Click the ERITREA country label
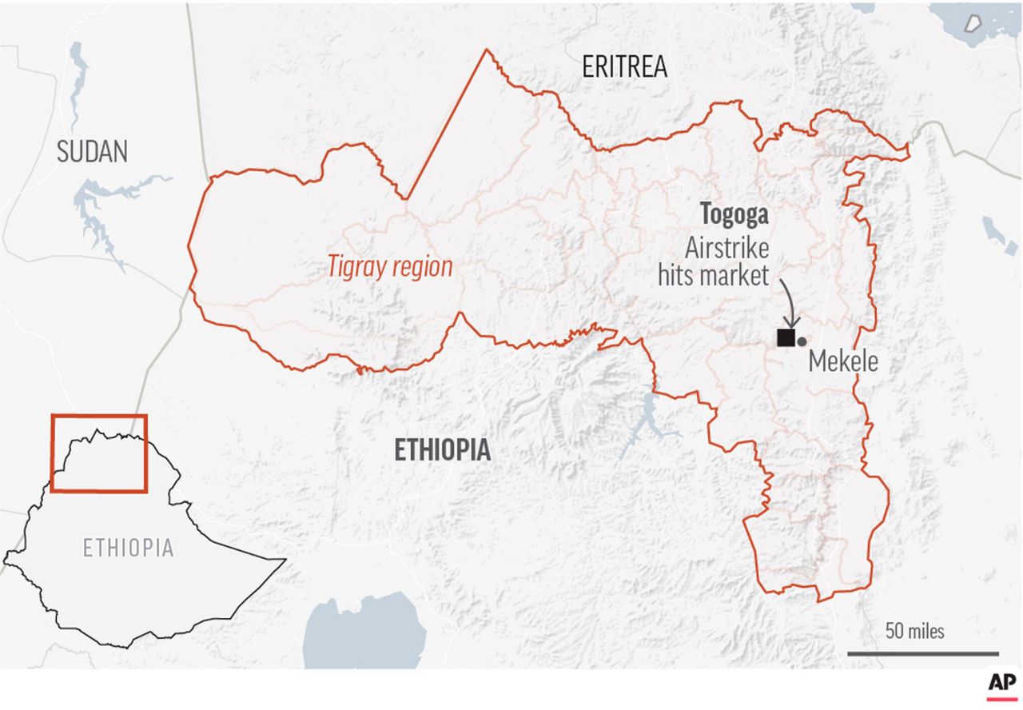tap(624, 67)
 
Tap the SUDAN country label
tap(92, 151)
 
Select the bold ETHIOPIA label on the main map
tap(443, 450)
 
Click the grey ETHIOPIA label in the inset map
tap(128, 548)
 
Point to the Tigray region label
tap(390, 267)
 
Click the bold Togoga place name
tap(734, 214)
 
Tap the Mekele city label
tap(843, 362)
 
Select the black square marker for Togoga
tap(786, 337)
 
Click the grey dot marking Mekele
tap(802, 341)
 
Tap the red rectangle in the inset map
tap(99, 453)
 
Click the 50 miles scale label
tap(914, 631)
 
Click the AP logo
tap(1001, 684)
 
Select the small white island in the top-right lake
tap(972, 22)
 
